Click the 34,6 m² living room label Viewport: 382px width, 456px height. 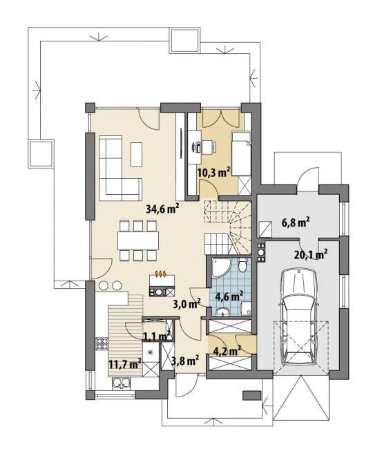point(162,209)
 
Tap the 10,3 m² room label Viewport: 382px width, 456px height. point(214,173)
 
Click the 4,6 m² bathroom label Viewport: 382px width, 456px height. point(229,296)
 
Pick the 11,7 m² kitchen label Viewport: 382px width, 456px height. point(125,364)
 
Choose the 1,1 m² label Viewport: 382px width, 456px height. point(157,336)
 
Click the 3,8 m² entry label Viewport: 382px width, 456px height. point(185,361)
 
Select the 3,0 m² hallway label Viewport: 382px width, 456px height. point(187,304)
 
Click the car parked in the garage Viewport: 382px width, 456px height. point(298,317)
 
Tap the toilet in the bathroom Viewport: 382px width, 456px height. point(242,265)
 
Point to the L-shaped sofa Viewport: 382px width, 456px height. point(121,168)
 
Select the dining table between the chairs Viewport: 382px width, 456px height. point(138,240)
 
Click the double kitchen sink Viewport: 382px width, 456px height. point(121,383)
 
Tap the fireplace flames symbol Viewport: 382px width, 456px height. point(161,274)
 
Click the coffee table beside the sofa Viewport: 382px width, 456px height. point(136,154)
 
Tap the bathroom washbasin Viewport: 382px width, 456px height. point(223,312)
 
